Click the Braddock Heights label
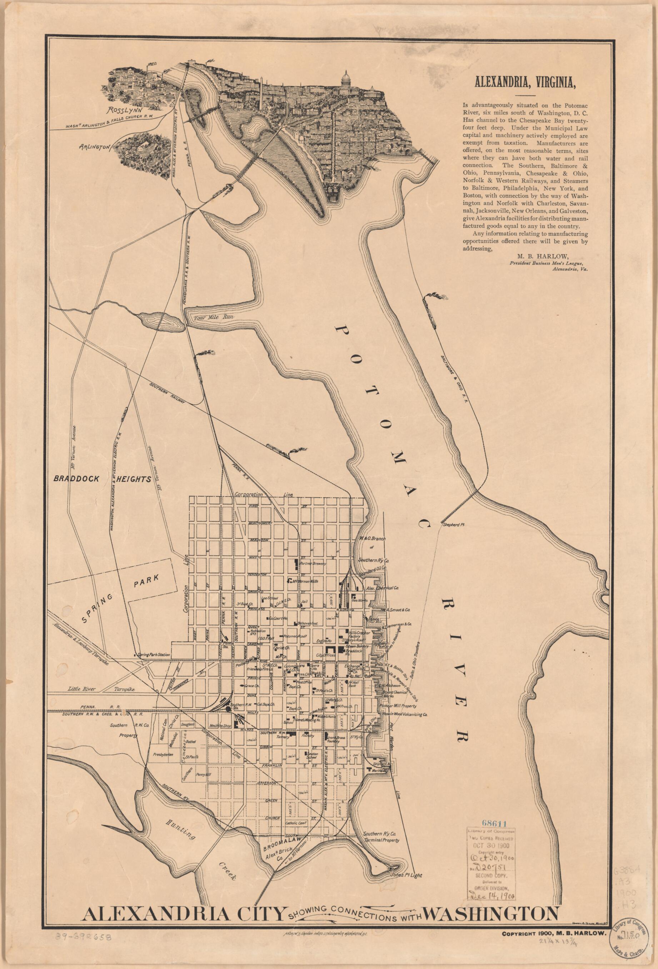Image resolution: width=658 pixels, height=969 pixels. (103, 479)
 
